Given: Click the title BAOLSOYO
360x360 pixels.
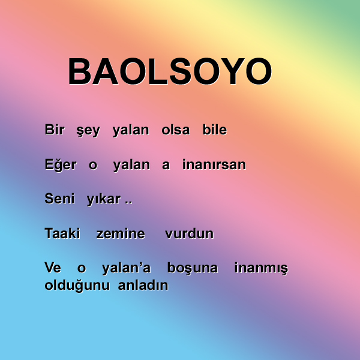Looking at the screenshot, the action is point(170,71).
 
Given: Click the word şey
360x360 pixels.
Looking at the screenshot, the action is point(88,131).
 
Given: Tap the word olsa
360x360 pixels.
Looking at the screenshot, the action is point(176,130).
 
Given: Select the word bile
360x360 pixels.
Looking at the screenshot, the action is point(215,130).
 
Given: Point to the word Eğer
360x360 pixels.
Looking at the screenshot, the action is point(61,165).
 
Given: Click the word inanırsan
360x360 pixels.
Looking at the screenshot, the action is point(214,164).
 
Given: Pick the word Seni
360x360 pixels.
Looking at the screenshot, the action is point(59,199).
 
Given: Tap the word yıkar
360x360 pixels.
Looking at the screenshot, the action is point(104,200).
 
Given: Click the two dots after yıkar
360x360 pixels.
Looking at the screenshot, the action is point(128,203).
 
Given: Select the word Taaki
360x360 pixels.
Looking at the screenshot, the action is point(62,233).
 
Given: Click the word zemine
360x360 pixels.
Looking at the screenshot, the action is point(121,234).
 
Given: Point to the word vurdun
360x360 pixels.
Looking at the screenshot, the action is point(190,233).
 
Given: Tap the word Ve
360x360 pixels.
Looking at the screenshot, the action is point(53,268).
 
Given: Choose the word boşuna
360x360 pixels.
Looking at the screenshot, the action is point(193,268).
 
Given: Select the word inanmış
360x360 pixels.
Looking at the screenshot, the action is point(261,269).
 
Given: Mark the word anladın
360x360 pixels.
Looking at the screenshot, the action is point(143,285).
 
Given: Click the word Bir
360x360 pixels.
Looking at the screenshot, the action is point(55,130).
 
